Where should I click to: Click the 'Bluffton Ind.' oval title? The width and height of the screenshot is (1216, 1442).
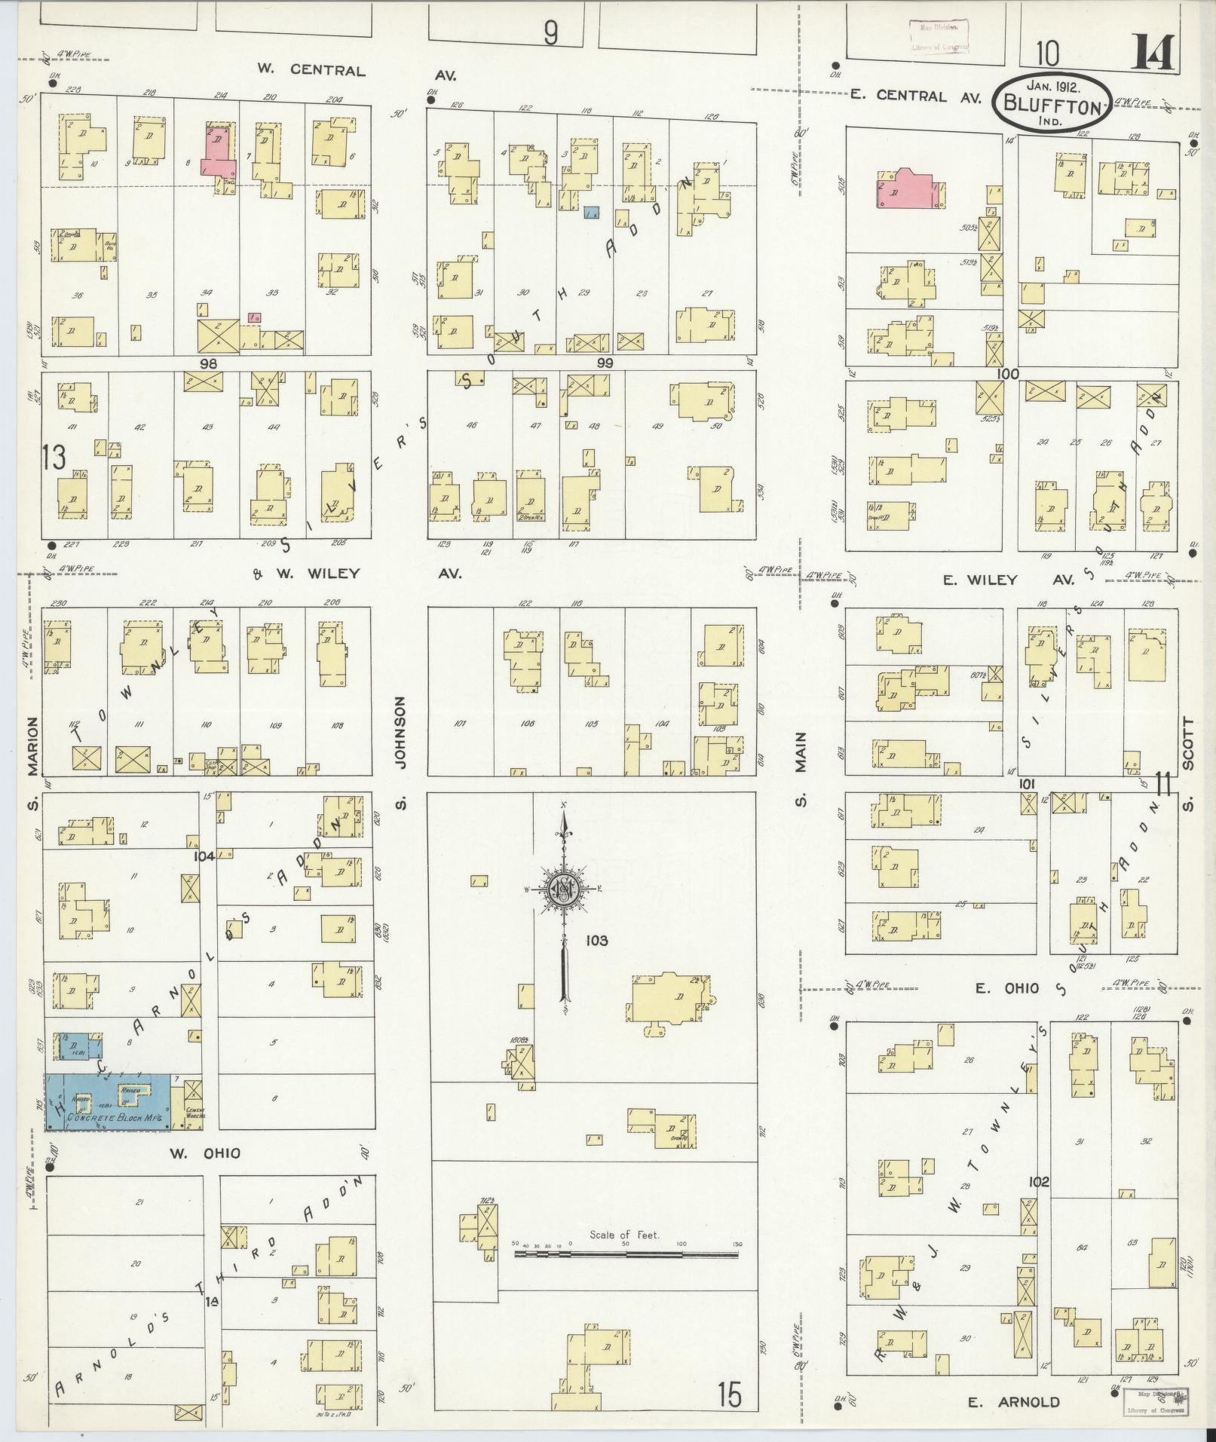(x=1052, y=103)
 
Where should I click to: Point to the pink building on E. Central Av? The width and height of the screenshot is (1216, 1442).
(x=907, y=188)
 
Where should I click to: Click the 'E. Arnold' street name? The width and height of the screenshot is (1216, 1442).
(x=1013, y=1402)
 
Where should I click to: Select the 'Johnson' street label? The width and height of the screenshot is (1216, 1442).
(x=401, y=732)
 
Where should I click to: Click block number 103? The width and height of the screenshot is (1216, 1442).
(x=596, y=941)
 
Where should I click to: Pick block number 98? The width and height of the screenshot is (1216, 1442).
(x=208, y=363)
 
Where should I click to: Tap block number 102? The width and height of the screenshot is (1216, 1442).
(x=1039, y=1203)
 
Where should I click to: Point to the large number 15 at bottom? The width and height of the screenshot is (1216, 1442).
(x=729, y=1394)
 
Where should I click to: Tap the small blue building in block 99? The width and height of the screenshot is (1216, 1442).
(x=592, y=214)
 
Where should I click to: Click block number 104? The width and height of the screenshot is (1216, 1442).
(x=204, y=856)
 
